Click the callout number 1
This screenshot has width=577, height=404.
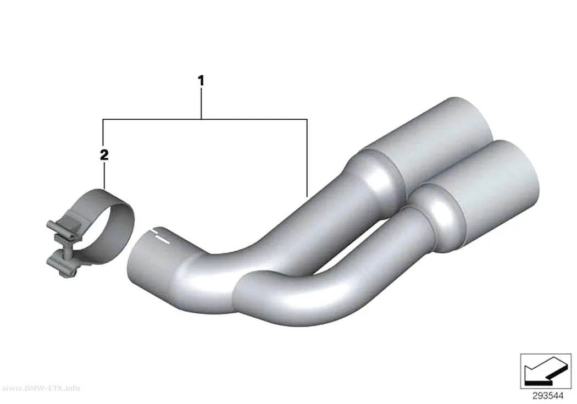coord(201,81)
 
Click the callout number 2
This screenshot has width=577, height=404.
coord(104,155)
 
